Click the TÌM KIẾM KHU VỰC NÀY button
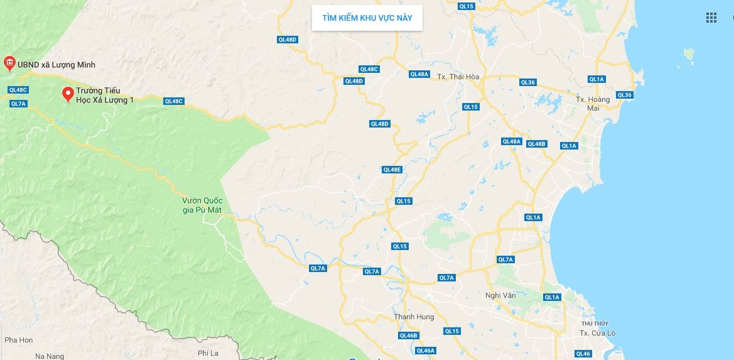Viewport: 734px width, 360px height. pyautogui.click(x=367, y=18)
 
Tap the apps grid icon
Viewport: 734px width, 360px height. pyautogui.click(x=711, y=18)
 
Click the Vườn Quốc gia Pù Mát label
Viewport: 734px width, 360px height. pyautogui.click(x=198, y=205)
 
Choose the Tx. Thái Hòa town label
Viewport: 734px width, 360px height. pyautogui.click(x=458, y=77)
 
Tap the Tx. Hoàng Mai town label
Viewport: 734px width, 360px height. pyautogui.click(x=593, y=104)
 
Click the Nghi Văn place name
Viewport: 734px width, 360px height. pyautogui.click(x=500, y=295)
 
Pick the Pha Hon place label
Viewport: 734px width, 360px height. pyautogui.click(x=18, y=340)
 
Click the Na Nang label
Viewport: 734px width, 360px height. pyautogui.click(x=50, y=356)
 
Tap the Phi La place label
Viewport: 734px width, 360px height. pyautogui.click(x=207, y=353)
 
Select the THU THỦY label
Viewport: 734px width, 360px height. pyautogui.click(x=595, y=323)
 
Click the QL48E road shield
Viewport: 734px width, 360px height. pyautogui.click(x=392, y=170)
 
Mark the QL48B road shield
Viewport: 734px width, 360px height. pyautogui.click(x=537, y=144)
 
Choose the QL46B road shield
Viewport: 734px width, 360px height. pyautogui.click(x=408, y=335)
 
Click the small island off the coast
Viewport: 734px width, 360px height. pyautogui.click(x=689, y=54)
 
